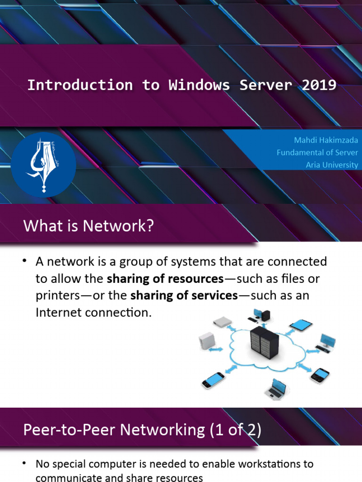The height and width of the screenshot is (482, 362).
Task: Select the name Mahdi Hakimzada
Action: [325, 140]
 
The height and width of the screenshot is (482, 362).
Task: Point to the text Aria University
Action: [332, 165]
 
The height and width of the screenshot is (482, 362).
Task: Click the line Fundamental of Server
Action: [317, 153]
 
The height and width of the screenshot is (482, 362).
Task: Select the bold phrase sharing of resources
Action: [165, 279]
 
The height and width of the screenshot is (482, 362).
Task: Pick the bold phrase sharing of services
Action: [184, 296]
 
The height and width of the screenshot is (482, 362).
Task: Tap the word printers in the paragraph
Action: [55, 296]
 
